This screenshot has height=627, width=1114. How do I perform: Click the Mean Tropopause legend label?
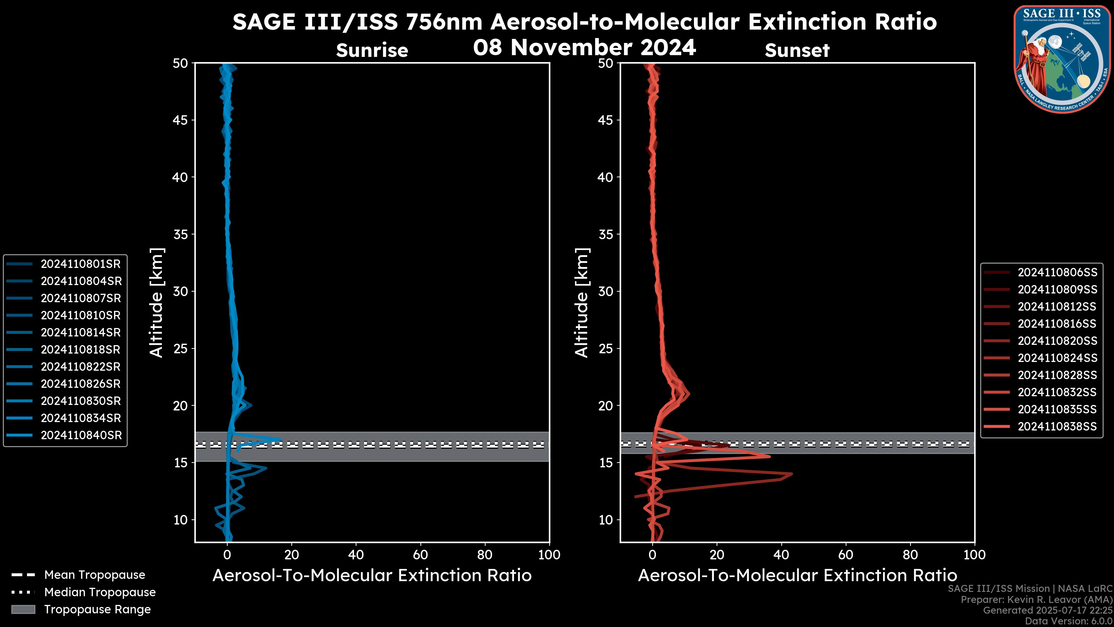click(95, 575)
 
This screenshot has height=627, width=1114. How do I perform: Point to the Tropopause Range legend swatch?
click(23, 610)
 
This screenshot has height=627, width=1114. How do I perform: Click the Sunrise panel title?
click(372, 51)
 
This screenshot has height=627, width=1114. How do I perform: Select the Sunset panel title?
click(797, 51)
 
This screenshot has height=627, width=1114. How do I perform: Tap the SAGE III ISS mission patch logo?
click(1062, 59)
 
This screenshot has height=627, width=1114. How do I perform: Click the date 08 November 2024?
click(584, 48)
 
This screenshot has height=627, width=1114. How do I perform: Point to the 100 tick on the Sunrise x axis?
click(549, 555)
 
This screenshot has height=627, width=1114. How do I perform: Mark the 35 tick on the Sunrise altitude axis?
click(180, 235)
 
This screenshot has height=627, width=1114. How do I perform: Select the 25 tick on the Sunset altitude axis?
click(606, 349)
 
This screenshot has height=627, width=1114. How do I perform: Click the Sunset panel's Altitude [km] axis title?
click(582, 303)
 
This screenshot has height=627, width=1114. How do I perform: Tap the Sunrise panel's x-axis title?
click(372, 576)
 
